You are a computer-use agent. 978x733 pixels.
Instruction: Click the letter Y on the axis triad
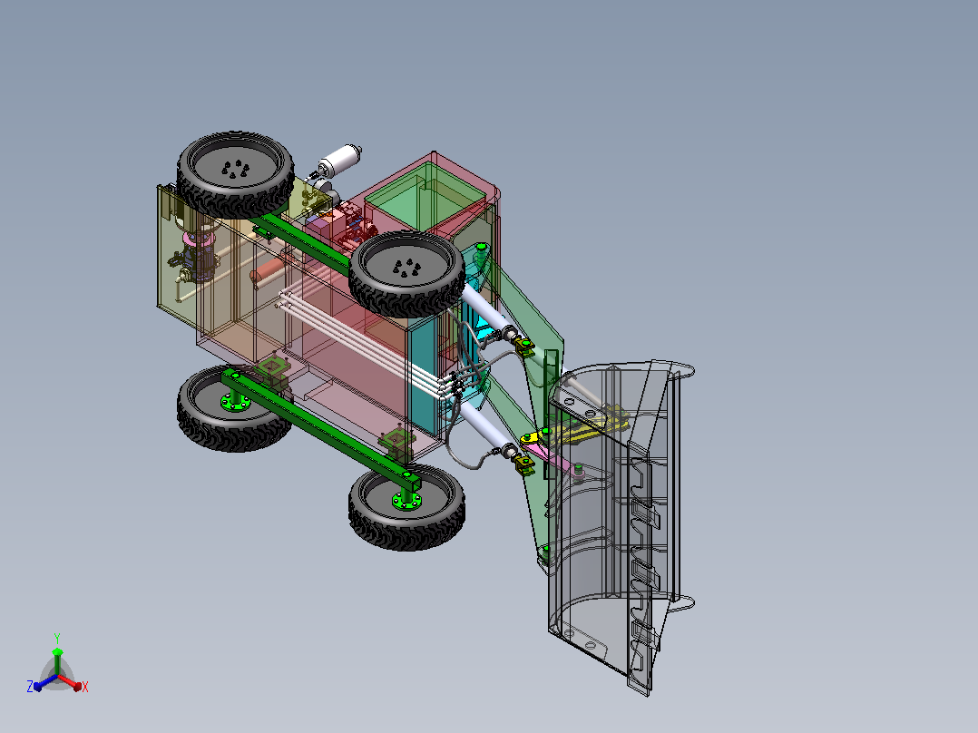57,638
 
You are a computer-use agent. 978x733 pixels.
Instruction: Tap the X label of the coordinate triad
85,687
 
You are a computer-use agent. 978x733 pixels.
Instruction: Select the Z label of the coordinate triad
30,686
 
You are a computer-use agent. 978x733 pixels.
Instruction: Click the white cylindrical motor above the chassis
340,159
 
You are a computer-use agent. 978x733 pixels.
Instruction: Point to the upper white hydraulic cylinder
485,308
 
